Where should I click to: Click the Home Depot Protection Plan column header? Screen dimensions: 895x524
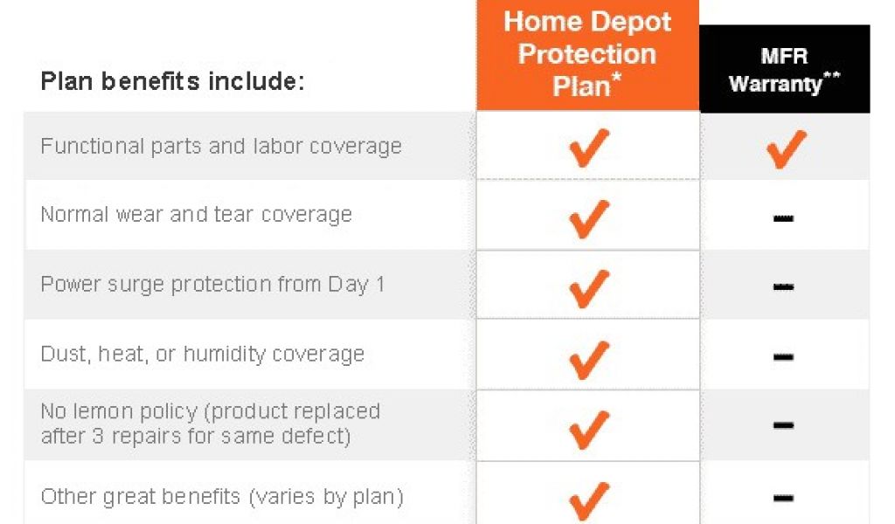coord(587,54)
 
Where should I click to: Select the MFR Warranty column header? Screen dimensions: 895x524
coord(784,69)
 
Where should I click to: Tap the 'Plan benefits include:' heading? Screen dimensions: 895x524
coord(172,81)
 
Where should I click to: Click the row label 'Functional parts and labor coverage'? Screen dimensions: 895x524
coord(221,147)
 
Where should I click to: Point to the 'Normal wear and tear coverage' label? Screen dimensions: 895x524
coord(196,215)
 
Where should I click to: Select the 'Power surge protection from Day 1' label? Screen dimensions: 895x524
coord(212,285)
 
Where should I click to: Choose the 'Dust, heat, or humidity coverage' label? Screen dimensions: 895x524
coord(202,354)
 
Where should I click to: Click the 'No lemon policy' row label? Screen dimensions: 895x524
coord(210,424)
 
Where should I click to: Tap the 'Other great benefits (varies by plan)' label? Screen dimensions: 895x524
coord(221,497)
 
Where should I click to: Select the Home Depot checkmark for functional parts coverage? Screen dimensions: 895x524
coord(588,148)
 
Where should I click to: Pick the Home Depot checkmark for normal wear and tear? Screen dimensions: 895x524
coord(588,219)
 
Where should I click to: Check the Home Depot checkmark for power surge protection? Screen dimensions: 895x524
coord(588,289)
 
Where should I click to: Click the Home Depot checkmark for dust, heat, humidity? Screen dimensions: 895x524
coord(588,361)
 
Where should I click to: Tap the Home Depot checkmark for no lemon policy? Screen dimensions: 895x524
coord(588,430)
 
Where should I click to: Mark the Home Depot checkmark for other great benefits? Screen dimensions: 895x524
coord(588,502)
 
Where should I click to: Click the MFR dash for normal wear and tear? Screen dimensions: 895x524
coord(783,217)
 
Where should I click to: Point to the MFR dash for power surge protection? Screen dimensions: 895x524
coord(783,286)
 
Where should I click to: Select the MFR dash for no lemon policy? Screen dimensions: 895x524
coord(783,425)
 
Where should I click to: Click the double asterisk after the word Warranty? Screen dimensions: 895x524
coord(832,76)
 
